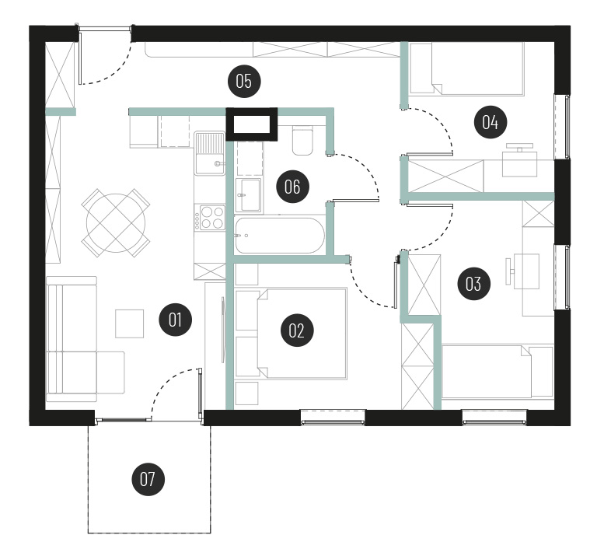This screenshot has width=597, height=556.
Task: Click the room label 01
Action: coord(175,320)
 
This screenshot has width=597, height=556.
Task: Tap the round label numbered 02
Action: coord(297,330)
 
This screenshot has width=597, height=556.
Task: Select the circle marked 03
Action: coord(473,284)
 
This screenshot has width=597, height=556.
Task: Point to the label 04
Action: coord(490,122)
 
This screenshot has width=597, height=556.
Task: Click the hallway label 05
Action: coord(243,81)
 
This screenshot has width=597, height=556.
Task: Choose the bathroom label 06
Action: coord(292,187)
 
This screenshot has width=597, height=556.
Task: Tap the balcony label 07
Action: coord(148,479)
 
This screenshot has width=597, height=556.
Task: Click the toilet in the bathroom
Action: coord(302,140)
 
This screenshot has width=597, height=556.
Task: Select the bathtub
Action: coord(280,236)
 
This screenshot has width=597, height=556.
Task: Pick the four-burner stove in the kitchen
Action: coord(209,217)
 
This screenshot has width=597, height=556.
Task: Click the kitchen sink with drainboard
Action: coord(209,153)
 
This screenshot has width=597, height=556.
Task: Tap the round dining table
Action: coord(116,222)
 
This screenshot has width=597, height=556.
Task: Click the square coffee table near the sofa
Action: coord(130,323)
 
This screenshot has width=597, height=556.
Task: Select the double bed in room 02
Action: coord(302,334)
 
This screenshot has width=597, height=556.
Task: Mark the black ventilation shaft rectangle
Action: coord(252,124)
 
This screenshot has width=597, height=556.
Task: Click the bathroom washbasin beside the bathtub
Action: coord(249,195)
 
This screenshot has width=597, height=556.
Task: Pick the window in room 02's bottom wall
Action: coord(333,417)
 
